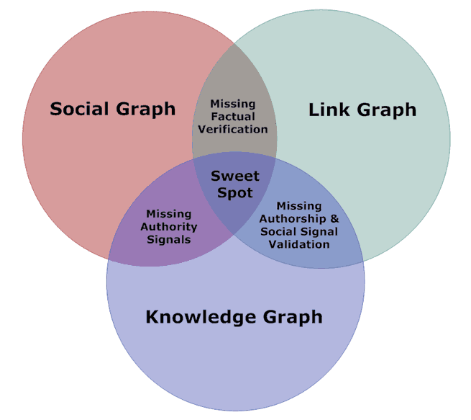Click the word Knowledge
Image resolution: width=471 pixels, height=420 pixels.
tap(198, 317)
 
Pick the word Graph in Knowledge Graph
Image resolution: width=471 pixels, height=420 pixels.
tap(289, 317)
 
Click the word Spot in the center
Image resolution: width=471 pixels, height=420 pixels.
tap(235, 192)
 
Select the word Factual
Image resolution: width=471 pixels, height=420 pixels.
tap(232, 117)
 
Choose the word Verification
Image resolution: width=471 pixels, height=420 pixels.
tap(232, 129)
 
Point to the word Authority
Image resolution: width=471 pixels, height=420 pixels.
tap(168, 227)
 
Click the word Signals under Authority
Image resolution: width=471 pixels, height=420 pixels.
tap(168, 239)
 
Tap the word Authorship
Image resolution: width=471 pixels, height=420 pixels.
tap(293, 219)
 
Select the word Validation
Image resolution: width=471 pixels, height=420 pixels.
tap(299, 244)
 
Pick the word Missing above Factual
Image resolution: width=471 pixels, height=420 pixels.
tap(232, 104)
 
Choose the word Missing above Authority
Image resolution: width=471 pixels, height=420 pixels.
tap(168, 214)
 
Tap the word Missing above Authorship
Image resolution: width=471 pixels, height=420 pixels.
tap(299, 206)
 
